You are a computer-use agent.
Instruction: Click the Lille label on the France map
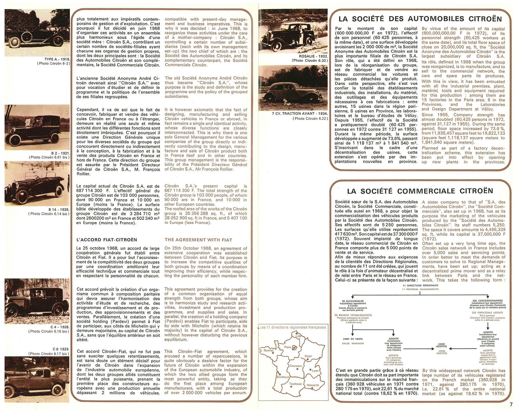point(299,336)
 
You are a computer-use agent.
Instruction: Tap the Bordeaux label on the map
point(283,377)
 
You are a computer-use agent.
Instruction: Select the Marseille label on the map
point(313,385)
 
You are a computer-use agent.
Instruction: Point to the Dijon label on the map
point(308,356)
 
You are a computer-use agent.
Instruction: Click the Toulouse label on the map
point(296,384)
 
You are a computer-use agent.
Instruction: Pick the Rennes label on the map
point(269,350)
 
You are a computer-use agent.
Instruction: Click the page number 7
point(511,404)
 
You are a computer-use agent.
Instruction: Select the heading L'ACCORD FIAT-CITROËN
point(107,240)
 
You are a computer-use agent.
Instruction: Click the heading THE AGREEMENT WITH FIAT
point(198,240)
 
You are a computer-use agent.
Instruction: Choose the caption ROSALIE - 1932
point(313,56)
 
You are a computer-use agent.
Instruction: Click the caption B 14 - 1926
point(59,209)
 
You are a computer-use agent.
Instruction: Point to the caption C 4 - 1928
point(60,327)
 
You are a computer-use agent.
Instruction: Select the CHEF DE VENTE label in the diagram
point(353,339)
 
